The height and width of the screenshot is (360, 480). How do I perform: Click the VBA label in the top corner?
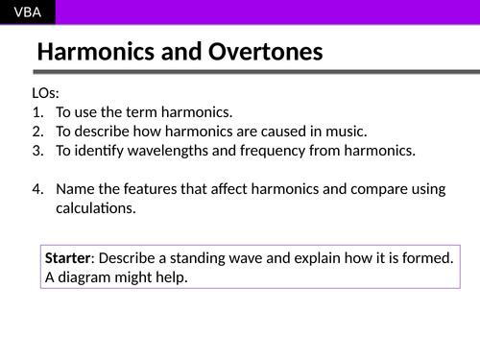pyautogui.click(x=27, y=12)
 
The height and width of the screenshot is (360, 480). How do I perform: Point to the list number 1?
pyautogui.click(x=37, y=112)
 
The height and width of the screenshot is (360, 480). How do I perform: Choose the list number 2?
pyautogui.click(x=37, y=131)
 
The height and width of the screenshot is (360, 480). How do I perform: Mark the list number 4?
pyautogui.click(x=37, y=188)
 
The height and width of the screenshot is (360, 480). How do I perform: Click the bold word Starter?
pyautogui.click(x=69, y=258)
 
